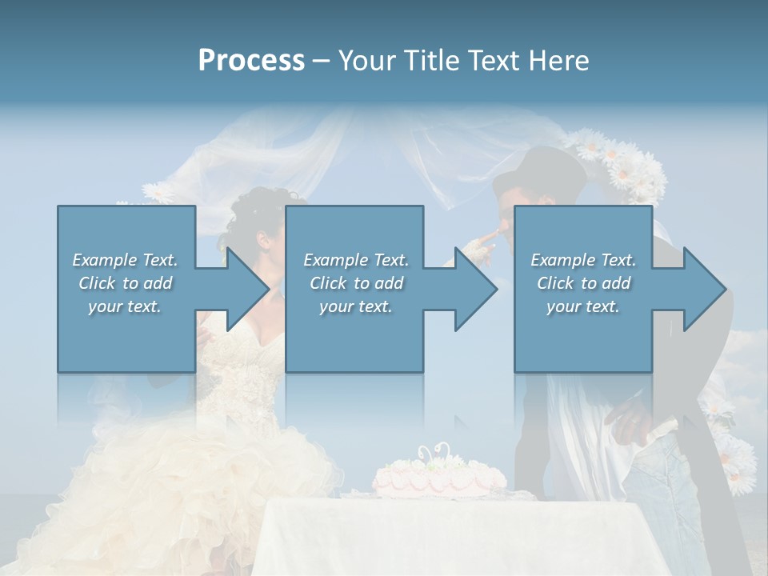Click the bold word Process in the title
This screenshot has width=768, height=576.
point(251,60)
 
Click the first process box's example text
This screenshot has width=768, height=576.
point(125,283)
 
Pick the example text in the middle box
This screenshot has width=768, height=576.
point(355,283)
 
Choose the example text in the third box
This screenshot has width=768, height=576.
point(582,283)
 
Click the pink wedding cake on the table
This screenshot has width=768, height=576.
point(438,478)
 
